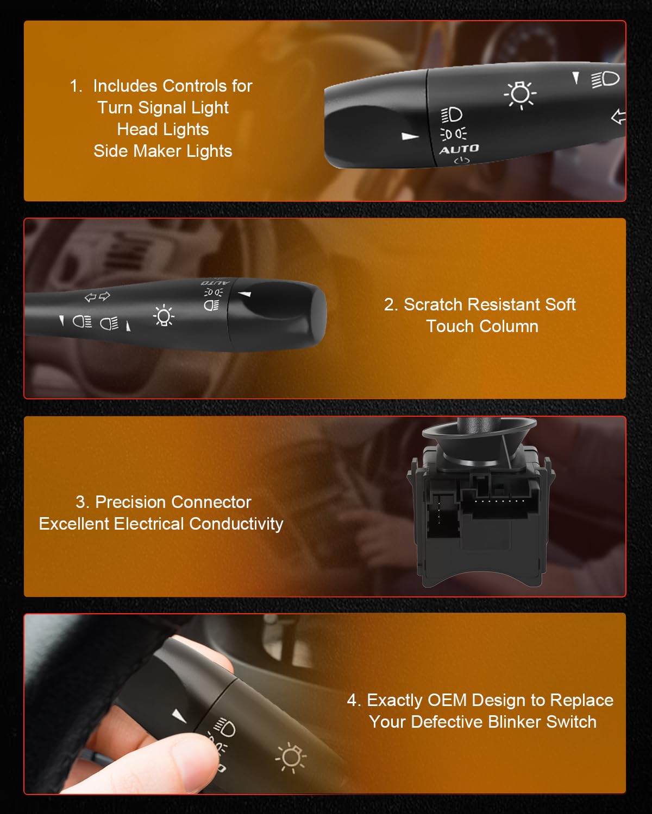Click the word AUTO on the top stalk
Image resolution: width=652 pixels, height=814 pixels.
(x=459, y=149)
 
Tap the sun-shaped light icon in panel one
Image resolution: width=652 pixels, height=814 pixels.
(x=520, y=94)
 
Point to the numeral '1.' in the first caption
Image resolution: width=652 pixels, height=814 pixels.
(x=76, y=86)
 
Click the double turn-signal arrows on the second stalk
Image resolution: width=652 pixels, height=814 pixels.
(x=97, y=296)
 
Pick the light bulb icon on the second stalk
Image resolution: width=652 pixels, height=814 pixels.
(x=164, y=315)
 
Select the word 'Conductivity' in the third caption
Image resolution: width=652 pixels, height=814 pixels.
(x=236, y=524)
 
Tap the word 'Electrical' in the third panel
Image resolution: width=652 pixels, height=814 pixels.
(x=149, y=524)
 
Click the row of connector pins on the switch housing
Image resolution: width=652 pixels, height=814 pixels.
(x=499, y=501)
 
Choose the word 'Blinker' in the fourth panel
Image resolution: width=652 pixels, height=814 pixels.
(x=515, y=722)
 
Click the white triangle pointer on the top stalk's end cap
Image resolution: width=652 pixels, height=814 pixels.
(x=410, y=136)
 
